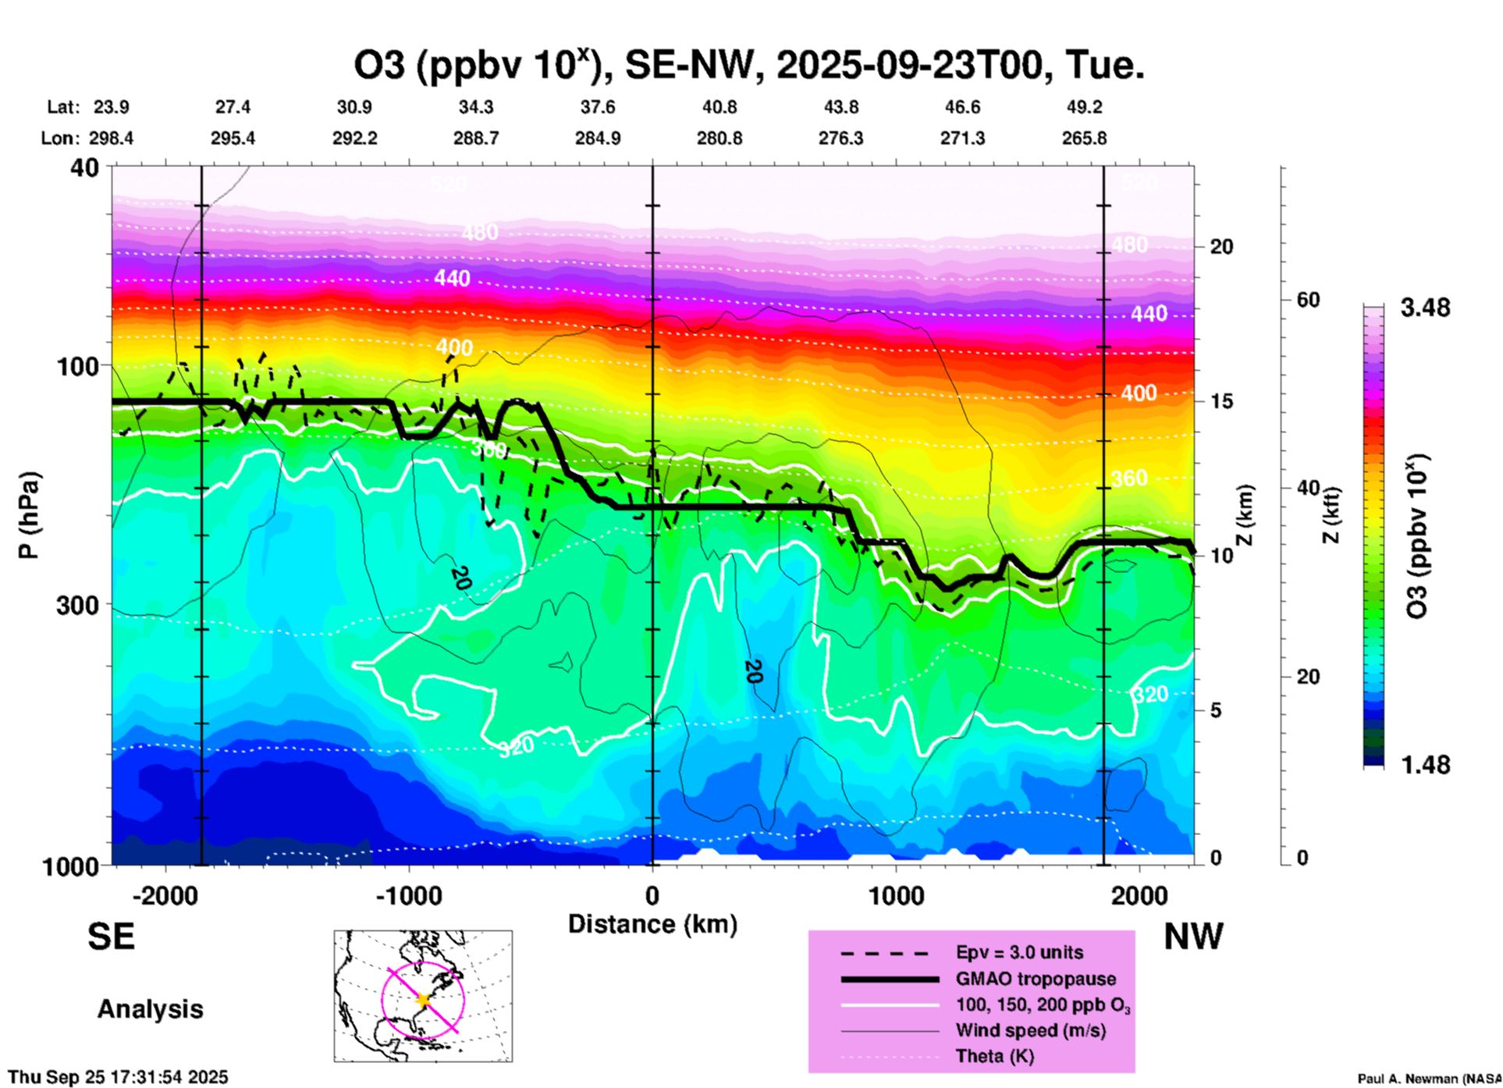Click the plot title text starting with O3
[749, 66]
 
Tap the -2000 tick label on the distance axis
[165, 895]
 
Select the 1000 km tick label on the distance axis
[897, 895]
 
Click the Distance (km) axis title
[652, 924]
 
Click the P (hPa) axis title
[29, 515]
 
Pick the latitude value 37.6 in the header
[598, 107]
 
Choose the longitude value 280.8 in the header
[720, 138]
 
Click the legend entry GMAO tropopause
[1036, 979]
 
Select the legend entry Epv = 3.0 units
[1019, 952]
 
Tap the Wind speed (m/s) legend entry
[1030, 1030]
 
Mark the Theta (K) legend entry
[994, 1056]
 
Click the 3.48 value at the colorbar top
[1425, 308]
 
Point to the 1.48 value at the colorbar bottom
[1425, 765]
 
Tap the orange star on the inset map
[424, 999]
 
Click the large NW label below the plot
[1193, 937]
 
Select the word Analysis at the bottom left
[150, 1009]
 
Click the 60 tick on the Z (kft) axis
[1308, 300]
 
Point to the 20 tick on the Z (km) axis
[1221, 247]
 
